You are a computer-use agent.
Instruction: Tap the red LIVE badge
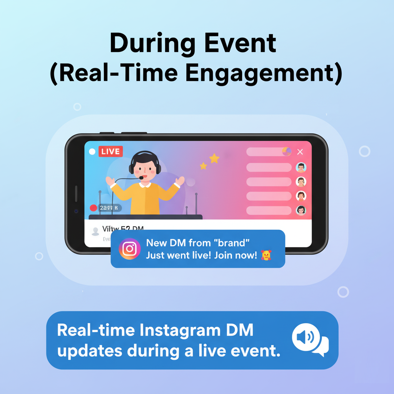click(110, 151)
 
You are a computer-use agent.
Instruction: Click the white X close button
click(300, 152)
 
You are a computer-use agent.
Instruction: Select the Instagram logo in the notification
click(130, 249)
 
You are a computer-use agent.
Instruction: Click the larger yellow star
click(214, 158)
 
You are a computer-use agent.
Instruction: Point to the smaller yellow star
click(203, 166)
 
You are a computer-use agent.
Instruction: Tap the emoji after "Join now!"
click(266, 255)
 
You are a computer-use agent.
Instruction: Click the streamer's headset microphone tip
click(142, 178)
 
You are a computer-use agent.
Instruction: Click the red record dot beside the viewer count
click(93, 208)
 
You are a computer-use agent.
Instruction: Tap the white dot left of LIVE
click(92, 152)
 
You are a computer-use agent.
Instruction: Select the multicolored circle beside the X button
click(287, 152)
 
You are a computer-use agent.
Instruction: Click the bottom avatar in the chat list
click(301, 210)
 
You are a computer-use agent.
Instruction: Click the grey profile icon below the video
click(95, 231)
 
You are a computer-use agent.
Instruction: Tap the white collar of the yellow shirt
click(145, 185)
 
